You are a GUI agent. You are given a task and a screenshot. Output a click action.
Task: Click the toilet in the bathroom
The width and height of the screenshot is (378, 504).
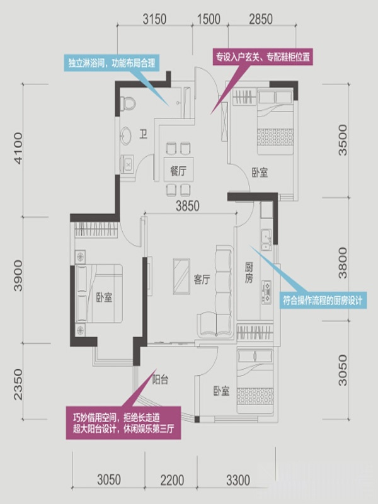click(x=128, y=103)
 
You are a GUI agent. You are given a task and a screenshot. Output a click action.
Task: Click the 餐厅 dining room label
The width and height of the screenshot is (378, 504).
click(x=178, y=170)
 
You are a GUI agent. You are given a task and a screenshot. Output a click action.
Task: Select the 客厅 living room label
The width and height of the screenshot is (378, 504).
click(x=202, y=279)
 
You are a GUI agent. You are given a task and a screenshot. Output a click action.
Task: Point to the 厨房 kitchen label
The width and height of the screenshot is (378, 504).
click(x=249, y=272)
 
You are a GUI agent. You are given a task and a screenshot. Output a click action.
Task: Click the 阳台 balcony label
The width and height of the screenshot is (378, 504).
click(x=160, y=380)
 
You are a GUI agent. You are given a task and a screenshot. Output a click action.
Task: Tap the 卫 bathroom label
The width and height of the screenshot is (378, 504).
click(x=144, y=134)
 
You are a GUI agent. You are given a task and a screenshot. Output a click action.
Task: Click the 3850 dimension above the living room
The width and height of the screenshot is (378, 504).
click(x=187, y=206)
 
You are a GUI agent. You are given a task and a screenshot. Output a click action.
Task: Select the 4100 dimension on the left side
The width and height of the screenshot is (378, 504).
click(x=18, y=148)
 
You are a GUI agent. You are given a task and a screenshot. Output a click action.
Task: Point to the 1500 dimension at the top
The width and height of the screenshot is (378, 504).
click(x=209, y=20)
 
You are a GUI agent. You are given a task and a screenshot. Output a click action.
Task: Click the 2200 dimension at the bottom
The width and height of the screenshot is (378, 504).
click(x=172, y=481)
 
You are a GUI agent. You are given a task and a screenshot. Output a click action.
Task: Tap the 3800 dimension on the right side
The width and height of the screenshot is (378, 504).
click(x=343, y=263)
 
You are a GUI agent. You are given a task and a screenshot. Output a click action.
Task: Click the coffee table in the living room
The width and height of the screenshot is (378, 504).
click(x=181, y=276)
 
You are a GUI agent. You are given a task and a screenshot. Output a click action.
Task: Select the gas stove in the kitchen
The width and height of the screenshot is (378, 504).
click(x=266, y=292)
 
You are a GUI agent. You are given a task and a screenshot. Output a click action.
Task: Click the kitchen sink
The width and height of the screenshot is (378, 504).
click(x=266, y=240)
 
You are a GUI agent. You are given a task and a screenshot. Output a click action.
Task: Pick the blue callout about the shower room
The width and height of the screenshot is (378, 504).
click(x=112, y=63)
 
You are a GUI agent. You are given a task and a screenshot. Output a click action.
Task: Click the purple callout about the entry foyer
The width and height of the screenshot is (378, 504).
click(x=263, y=57)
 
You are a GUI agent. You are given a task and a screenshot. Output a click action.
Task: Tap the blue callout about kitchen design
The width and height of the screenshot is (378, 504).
click(x=323, y=301)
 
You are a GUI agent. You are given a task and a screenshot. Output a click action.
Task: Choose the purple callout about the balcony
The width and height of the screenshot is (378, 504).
click(x=123, y=423)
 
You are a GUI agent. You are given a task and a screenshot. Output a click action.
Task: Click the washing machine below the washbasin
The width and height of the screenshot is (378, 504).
click(x=127, y=164)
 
